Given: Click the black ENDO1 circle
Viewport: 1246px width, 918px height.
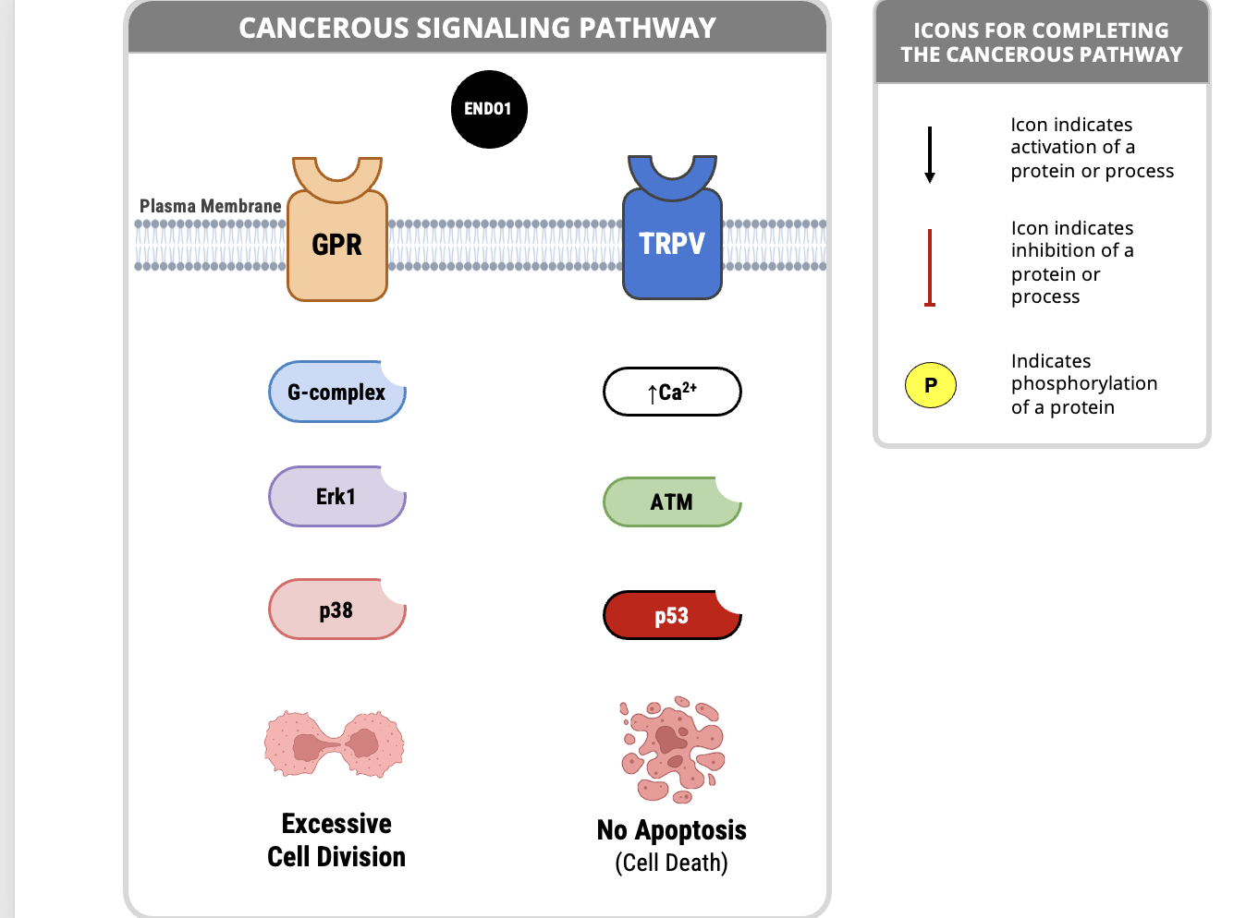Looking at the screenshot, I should click(x=488, y=109).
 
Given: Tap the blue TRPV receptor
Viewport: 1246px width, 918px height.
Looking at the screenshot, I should click(x=672, y=242).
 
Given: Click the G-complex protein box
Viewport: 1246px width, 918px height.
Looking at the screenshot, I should click(x=336, y=392).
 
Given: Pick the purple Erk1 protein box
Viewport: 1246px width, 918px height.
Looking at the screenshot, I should click(x=336, y=497).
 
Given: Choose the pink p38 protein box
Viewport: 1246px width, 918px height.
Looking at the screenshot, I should click(x=336, y=610).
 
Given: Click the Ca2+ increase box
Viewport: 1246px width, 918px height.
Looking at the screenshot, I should click(x=672, y=392).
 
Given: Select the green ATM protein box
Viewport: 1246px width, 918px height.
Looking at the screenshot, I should click(x=672, y=501).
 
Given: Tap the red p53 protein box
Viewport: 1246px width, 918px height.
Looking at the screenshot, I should click(x=672, y=615).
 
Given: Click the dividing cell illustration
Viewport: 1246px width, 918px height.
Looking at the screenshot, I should click(x=335, y=743).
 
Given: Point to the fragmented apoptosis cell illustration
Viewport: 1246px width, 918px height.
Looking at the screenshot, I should click(x=672, y=748).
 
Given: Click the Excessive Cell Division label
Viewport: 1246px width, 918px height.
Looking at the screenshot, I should click(x=336, y=839).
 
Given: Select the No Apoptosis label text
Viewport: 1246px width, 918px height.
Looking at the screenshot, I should click(x=672, y=829).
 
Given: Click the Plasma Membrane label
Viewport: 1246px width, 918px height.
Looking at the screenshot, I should click(x=210, y=206).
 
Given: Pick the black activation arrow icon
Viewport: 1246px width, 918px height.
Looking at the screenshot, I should click(x=930, y=154).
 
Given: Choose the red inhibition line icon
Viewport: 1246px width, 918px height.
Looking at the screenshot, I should click(x=930, y=267).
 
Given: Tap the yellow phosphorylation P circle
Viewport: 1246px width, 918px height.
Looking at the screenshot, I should click(x=930, y=385).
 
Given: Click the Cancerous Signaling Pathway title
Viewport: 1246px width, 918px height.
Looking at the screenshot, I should click(x=477, y=28).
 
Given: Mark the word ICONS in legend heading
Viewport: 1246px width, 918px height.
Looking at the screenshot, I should click(x=947, y=30).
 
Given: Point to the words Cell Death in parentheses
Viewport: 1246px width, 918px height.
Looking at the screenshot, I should click(x=672, y=863).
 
